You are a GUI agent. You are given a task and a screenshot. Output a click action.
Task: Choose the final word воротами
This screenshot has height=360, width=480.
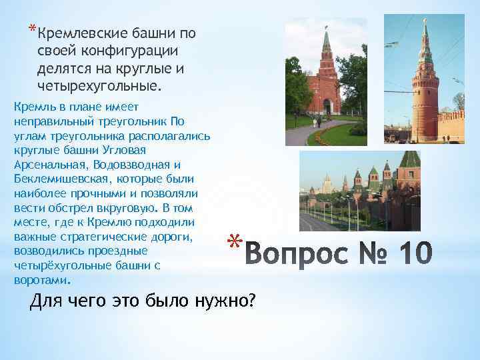(x=41, y=279)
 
